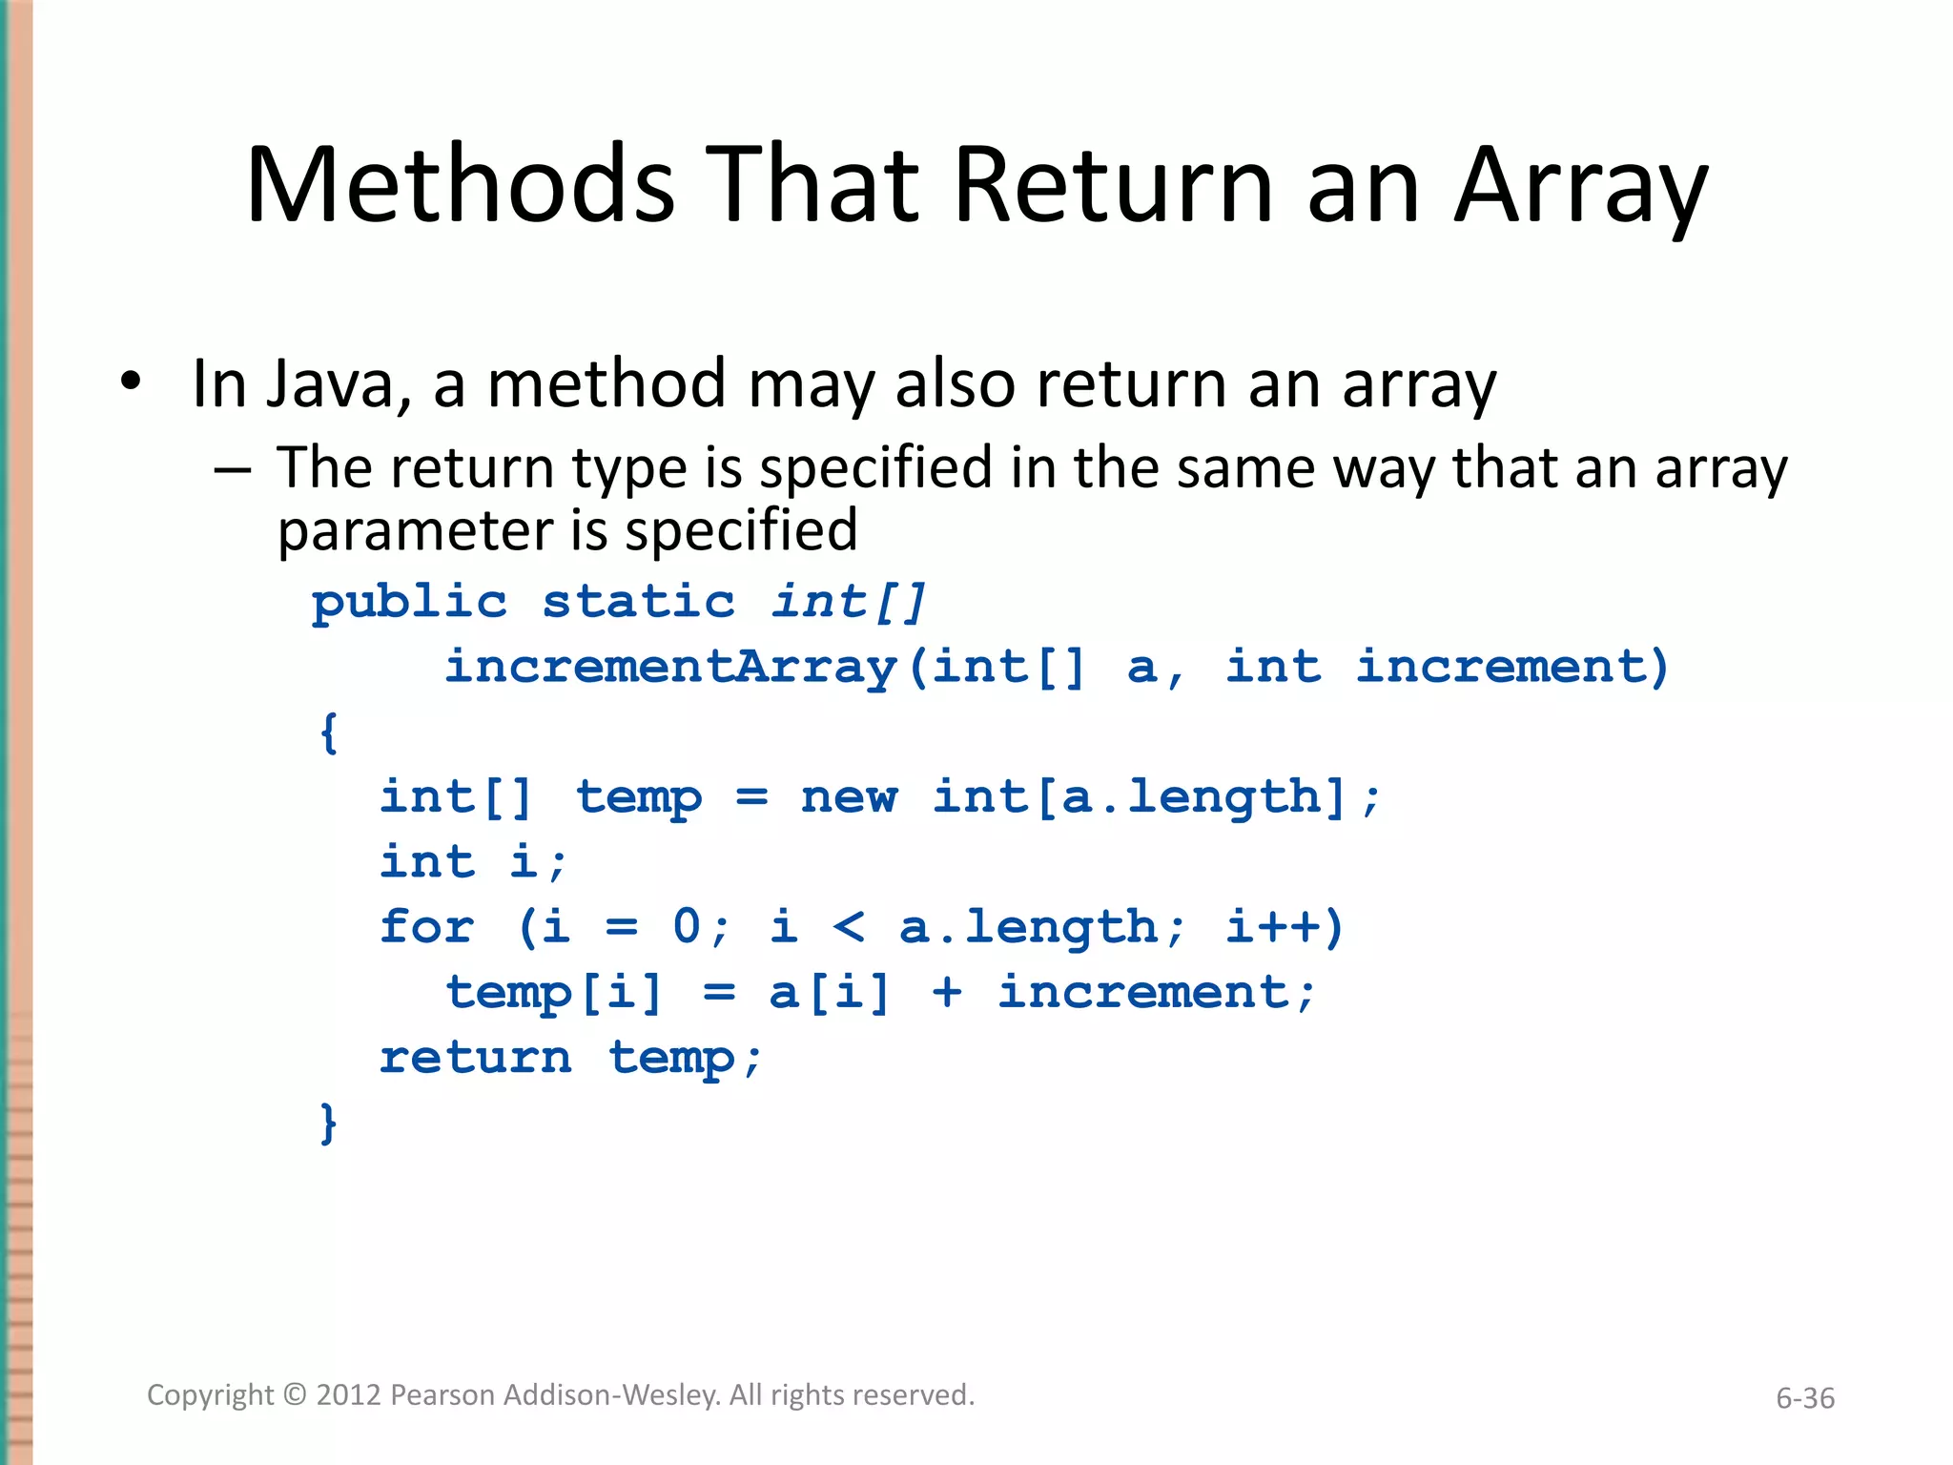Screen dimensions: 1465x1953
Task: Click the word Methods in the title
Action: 461,185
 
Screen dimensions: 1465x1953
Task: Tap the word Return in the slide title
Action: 1113,185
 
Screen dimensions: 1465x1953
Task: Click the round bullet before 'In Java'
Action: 131,382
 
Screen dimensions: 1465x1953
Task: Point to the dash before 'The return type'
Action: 233,470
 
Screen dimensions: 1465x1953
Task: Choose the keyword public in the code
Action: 409,603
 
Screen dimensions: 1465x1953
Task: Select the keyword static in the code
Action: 639,603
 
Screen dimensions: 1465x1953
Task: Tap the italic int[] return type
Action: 849,603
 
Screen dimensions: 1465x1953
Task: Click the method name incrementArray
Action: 671,667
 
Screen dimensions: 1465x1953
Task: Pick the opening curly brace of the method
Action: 329,732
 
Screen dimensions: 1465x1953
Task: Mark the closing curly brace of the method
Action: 329,1123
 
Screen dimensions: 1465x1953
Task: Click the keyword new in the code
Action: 849,797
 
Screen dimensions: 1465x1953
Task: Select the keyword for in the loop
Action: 426,927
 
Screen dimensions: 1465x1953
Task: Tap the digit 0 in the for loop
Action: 687,927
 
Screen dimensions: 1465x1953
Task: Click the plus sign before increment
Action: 947,993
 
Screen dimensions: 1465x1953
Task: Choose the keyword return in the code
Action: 475,1058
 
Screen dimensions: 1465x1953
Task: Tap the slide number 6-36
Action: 1804,1398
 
